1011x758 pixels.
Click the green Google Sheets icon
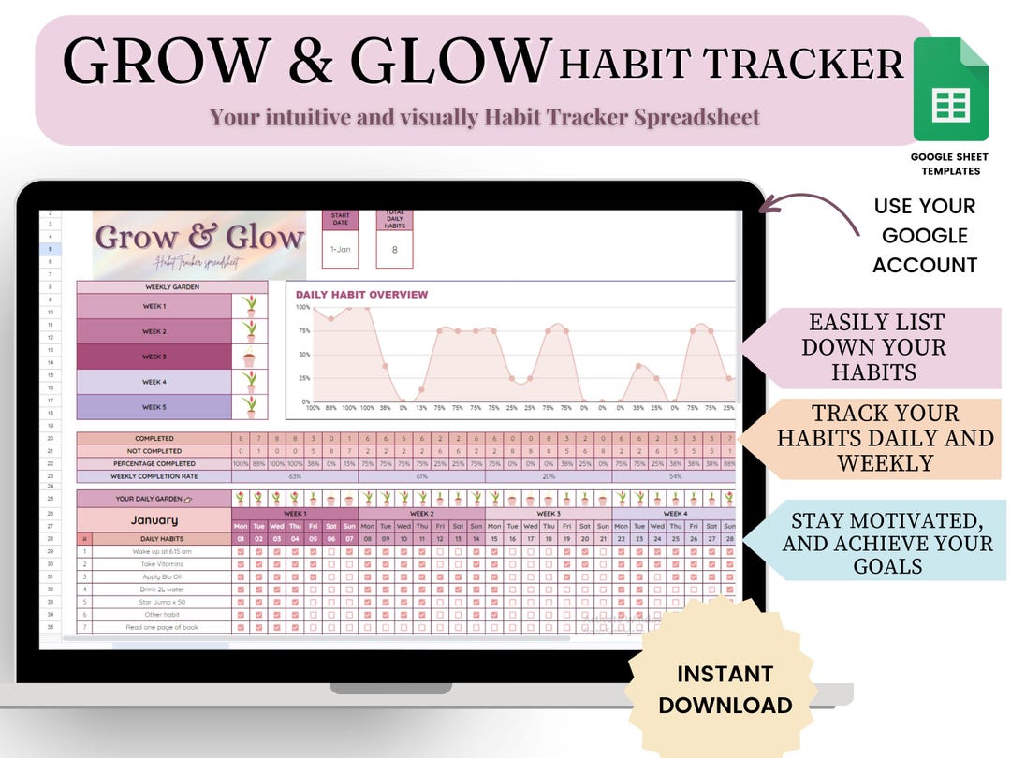[949, 90]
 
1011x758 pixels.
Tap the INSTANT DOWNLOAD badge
[725, 689]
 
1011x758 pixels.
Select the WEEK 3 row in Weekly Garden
[154, 357]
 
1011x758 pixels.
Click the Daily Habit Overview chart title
[361, 294]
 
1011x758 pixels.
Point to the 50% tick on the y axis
[303, 355]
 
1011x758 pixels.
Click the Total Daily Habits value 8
[394, 250]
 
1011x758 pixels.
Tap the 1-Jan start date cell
[342, 250]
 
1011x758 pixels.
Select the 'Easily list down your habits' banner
[876, 347]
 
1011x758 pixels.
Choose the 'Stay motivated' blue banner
[886, 544]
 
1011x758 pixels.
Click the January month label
[154, 520]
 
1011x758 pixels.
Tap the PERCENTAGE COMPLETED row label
[154, 463]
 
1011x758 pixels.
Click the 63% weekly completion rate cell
[295, 475]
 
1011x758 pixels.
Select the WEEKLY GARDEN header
[171, 287]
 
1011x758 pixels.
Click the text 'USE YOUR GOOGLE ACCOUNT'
[924, 236]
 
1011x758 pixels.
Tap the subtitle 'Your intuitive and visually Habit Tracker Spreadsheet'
[484, 117]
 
